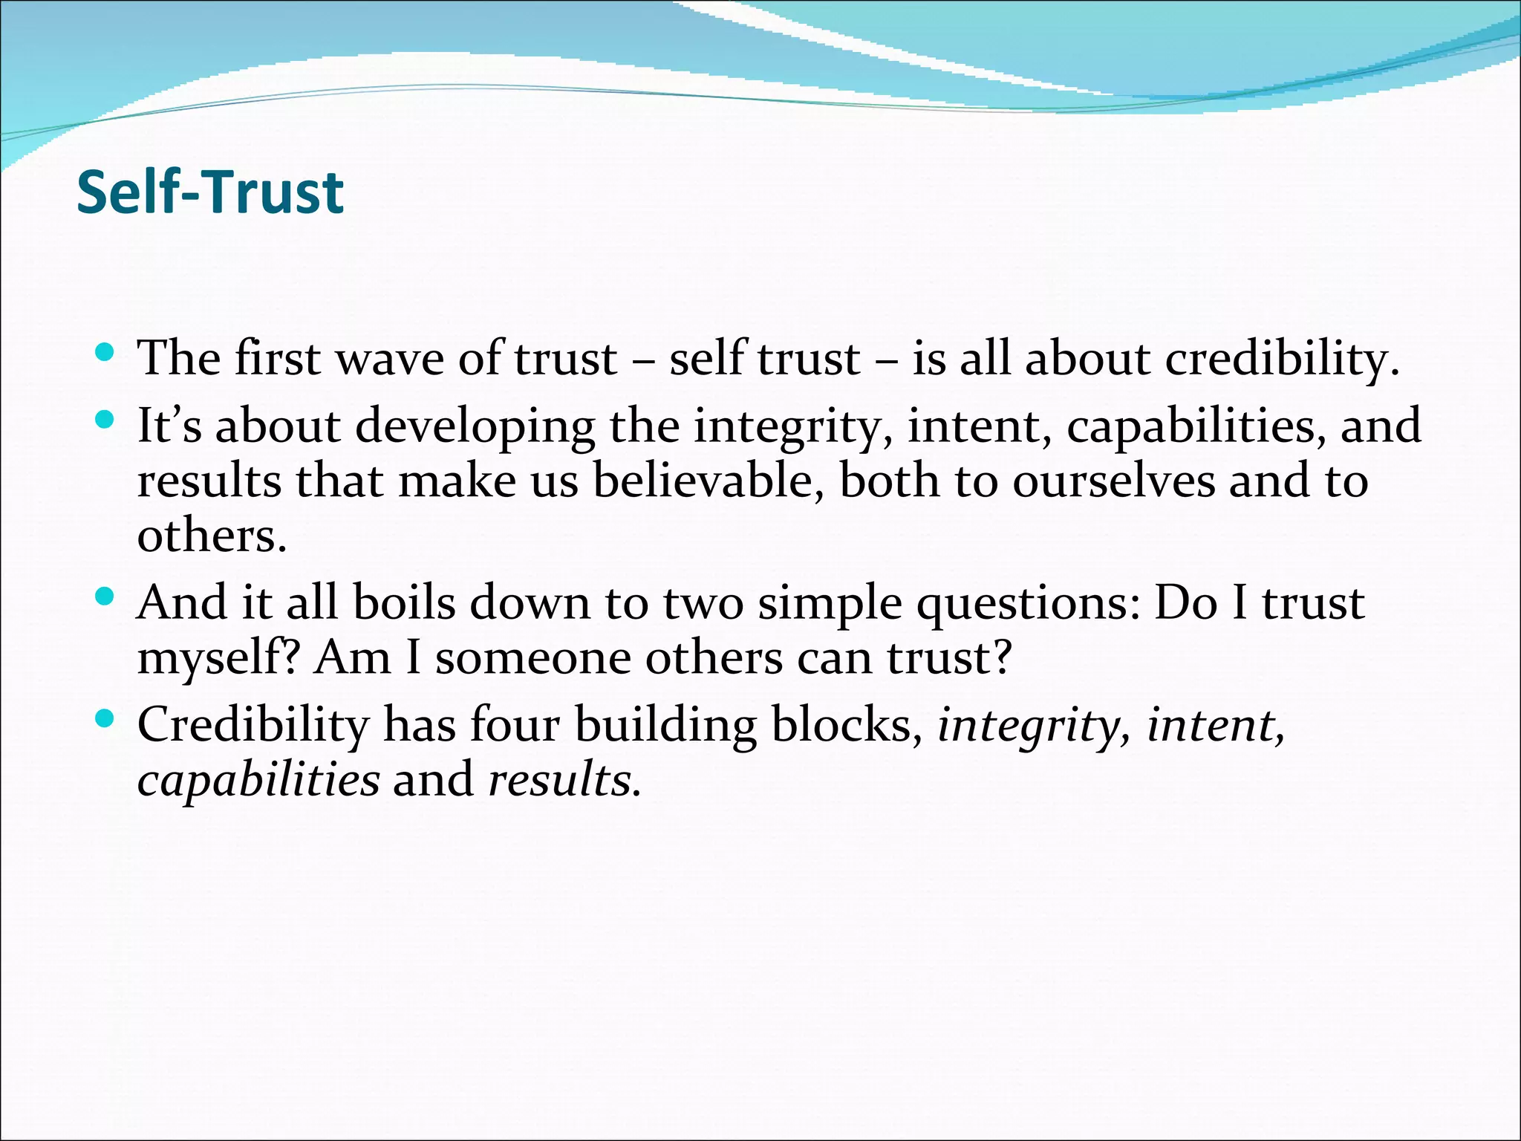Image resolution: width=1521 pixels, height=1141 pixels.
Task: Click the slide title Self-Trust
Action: coord(210,192)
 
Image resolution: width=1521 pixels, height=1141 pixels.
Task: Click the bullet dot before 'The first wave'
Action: coord(105,351)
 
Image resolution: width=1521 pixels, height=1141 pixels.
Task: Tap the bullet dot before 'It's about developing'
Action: coord(105,420)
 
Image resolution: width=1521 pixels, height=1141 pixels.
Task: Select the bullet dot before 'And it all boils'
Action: coord(105,596)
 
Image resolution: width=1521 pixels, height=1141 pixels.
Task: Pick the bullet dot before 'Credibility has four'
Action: coord(105,718)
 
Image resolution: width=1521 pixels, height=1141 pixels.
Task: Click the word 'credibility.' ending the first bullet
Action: coord(1282,360)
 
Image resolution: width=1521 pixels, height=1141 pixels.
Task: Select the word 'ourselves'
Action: coord(1114,481)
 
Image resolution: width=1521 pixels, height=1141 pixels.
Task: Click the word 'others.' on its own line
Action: coord(212,536)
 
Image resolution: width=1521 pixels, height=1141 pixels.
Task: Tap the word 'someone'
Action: coord(532,658)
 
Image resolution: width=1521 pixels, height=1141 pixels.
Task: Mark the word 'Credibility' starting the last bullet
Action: coord(253,726)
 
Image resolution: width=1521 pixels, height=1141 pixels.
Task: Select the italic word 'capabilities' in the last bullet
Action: coord(258,781)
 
